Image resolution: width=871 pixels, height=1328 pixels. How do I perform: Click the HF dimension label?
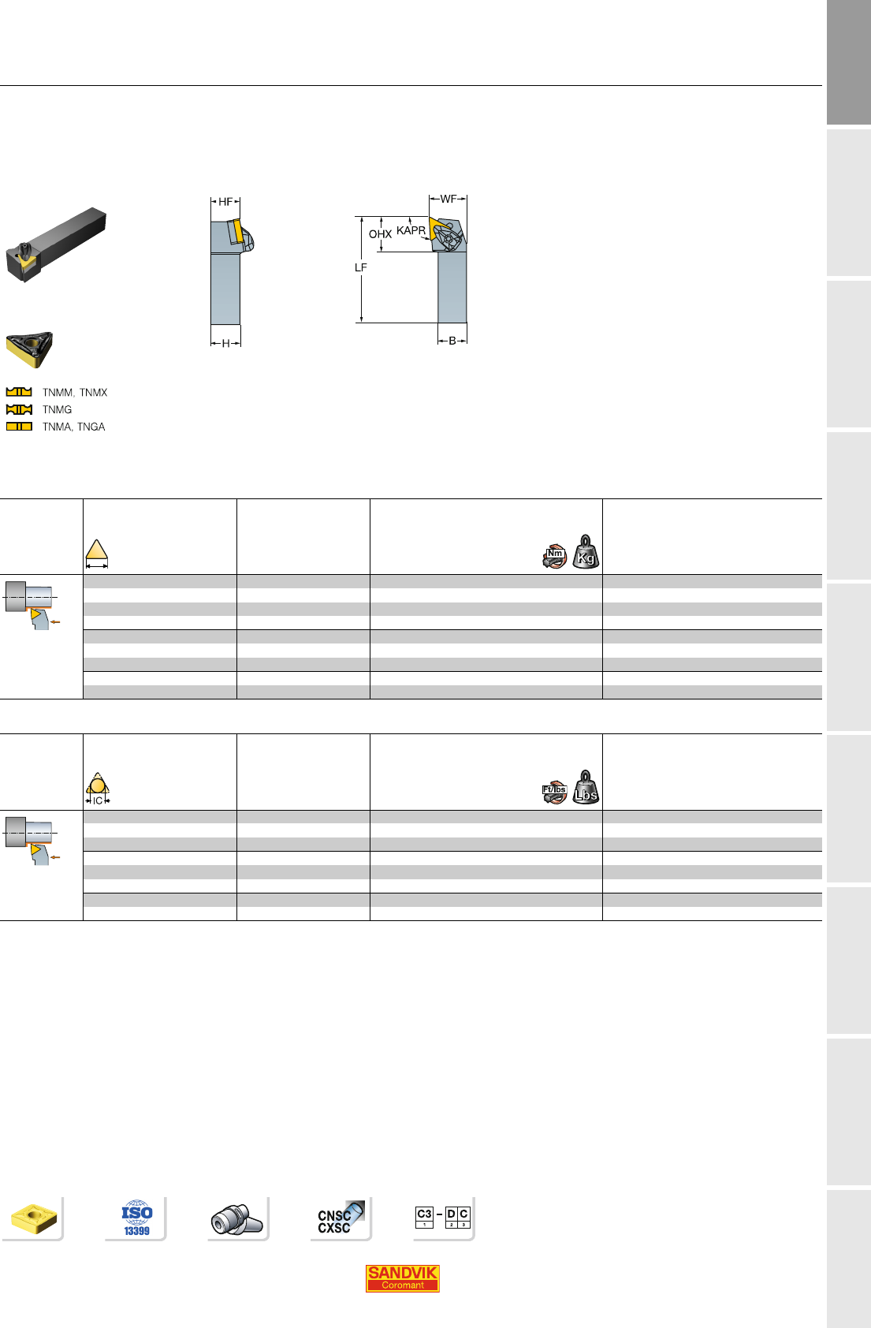(x=225, y=202)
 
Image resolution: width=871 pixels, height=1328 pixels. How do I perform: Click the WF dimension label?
(x=448, y=200)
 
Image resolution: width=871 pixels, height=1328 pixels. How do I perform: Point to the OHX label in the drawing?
(x=380, y=234)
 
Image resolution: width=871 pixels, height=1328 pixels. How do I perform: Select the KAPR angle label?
(x=411, y=230)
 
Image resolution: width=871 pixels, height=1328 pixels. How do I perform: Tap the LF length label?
(x=361, y=267)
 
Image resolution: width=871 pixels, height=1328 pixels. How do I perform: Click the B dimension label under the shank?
(x=452, y=341)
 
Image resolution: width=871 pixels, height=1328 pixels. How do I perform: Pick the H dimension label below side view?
(x=225, y=343)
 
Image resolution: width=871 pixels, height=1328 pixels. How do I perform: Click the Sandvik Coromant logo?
(x=402, y=1278)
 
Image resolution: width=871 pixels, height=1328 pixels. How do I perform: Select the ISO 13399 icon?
(x=137, y=1218)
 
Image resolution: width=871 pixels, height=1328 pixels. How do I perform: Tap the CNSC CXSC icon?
(x=340, y=1218)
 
